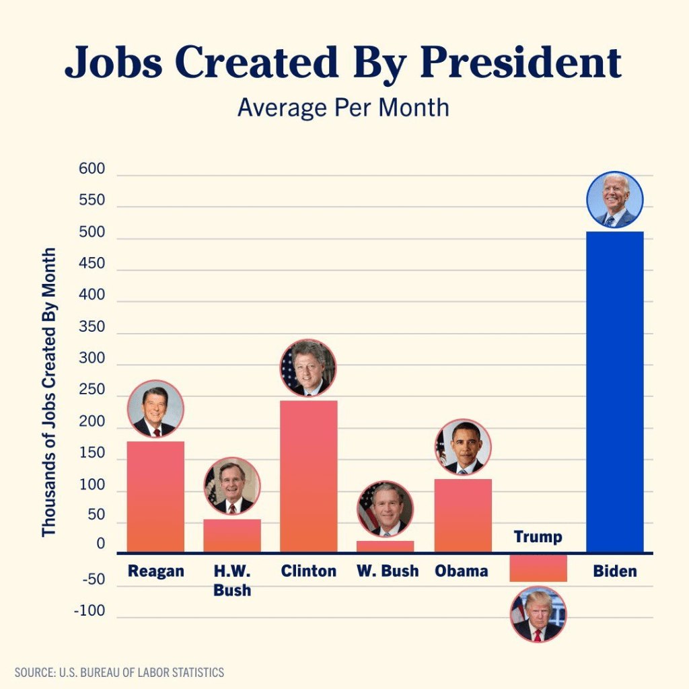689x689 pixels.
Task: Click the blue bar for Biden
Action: (x=615, y=392)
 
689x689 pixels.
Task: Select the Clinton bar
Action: (x=308, y=476)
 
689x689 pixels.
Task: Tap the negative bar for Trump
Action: (x=538, y=568)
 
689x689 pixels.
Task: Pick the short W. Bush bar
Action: (x=385, y=546)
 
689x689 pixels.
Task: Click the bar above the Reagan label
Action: (x=155, y=497)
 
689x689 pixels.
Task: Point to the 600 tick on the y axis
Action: (x=92, y=169)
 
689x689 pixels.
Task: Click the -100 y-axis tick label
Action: (x=89, y=612)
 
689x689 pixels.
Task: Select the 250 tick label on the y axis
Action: (x=92, y=390)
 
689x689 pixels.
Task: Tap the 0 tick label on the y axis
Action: (x=101, y=544)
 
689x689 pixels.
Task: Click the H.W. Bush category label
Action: (x=232, y=581)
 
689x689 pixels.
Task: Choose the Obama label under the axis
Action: (x=462, y=571)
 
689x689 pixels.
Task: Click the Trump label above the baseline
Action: (x=538, y=537)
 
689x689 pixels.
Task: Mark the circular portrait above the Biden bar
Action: (x=615, y=200)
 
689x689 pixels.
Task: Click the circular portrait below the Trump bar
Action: (x=538, y=614)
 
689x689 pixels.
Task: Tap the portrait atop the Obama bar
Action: (x=463, y=447)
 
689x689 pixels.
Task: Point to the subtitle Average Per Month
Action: (x=343, y=108)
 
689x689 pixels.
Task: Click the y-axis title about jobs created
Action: (x=48, y=392)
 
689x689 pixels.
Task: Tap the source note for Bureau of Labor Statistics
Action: (x=119, y=672)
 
